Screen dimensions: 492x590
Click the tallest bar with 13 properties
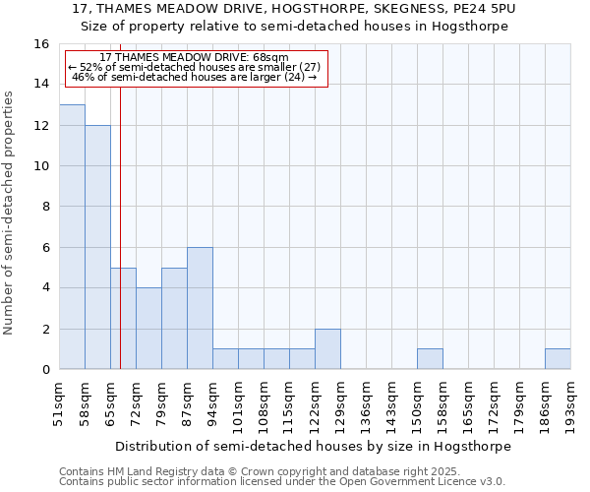[x=72, y=237]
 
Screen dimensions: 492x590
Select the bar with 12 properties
[x=97, y=247]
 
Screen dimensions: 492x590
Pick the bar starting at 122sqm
[x=327, y=349]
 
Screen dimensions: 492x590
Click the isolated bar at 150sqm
[x=430, y=359]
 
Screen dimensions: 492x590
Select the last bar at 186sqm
[x=558, y=359]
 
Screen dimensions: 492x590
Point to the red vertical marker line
[x=120, y=226]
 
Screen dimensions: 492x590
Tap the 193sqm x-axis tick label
[x=571, y=402]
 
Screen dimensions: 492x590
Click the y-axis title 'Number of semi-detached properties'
[x=10, y=213]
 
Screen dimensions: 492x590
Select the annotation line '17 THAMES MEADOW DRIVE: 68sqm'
[x=194, y=57]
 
